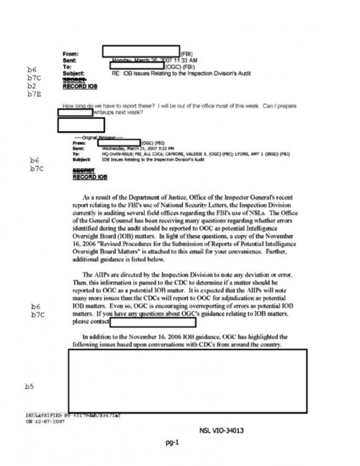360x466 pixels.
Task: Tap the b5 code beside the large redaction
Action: coord(30,386)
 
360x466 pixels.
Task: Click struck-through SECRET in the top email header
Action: coord(74,79)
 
